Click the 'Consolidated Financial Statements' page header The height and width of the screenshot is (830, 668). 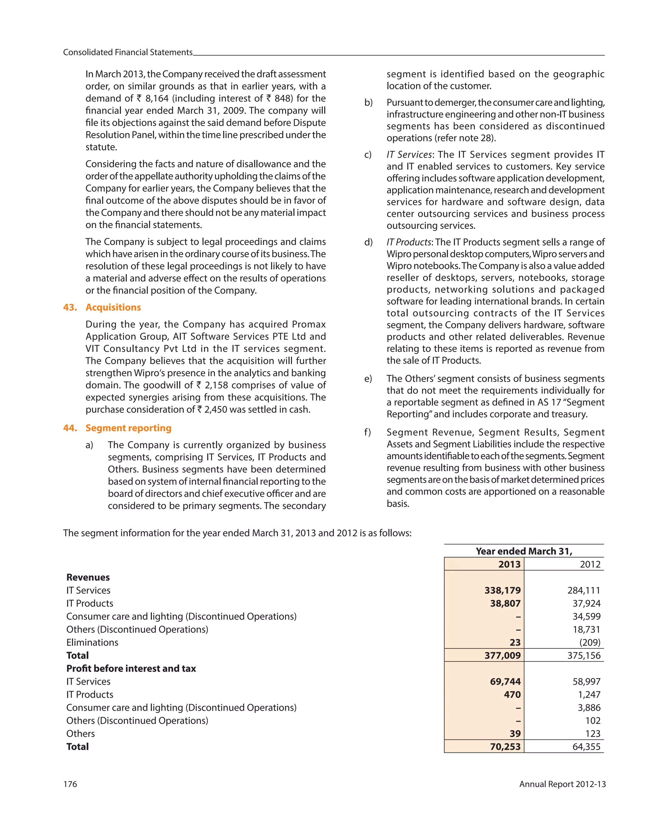pyautogui.click(x=128, y=52)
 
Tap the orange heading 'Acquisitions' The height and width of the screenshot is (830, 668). pyautogui.click(x=113, y=307)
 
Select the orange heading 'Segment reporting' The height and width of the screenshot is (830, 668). pyautogui.click(x=128, y=428)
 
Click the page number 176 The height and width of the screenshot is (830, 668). pyautogui.click(x=70, y=784)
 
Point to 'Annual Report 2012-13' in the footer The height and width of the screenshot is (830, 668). pyautogui.click(x=562, y=784)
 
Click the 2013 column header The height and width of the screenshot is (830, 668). pyautogui.click(x=509, y=564)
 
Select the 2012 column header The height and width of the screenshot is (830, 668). pyautogui.click(x=590, y=564)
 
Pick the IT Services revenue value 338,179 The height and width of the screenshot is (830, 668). pyautogui.click(x=502, y=590)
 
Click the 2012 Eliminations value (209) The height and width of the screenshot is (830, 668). pyautogui.click(x=589, y=642)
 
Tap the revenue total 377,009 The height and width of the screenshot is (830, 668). pyautogui.click(x=502, y=655)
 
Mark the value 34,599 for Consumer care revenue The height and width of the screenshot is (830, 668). pyautogui.click(x=586, y=616)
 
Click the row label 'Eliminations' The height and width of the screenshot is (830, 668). pyautogui.click(x=92, y=642)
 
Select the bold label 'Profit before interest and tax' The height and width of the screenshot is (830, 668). pyautogui.click(x=131, y=668)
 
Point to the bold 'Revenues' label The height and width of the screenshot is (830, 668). pyautogui.click(x=88, y=577)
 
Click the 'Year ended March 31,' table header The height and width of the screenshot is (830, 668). pyautogui.click(x=524, y=551)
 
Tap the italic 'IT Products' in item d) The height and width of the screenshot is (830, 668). pyautogui.click(x=408, y=242)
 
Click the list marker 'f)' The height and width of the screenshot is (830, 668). pyautogui.click(x=368, y=432)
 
